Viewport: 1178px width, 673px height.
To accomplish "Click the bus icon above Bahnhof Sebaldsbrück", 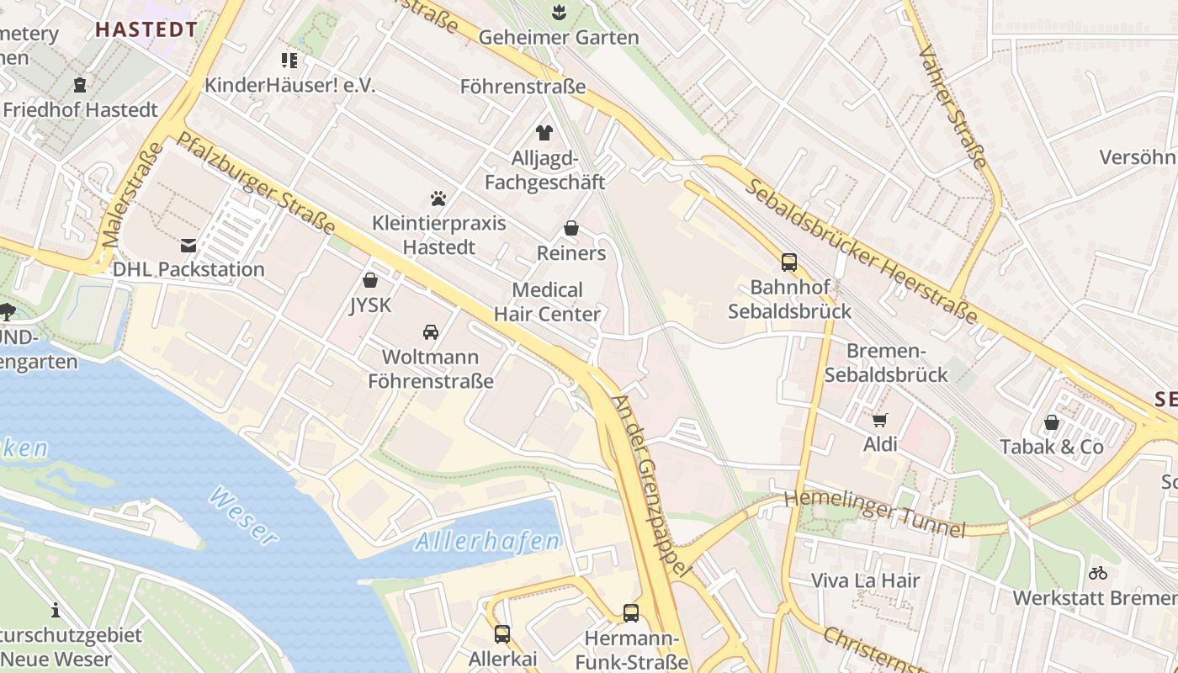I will tap(789, 262).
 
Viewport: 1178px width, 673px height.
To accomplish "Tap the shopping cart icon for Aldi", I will tap(880, 420).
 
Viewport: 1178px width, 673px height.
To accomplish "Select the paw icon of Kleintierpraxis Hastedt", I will tap(438, 199).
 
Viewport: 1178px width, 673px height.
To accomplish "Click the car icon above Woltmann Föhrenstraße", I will tap(431, 332).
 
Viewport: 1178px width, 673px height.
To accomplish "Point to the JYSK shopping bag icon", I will tap(370, 280).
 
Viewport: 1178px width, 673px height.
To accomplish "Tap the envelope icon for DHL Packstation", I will tap(188, 246).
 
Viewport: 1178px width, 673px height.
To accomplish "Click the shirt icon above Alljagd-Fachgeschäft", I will tap(544, 133).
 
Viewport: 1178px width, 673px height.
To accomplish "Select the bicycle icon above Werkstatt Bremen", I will tap(1098, 573).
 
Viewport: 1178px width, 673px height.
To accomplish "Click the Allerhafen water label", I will tap(487, 541).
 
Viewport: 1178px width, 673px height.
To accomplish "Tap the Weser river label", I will tap(243, 514).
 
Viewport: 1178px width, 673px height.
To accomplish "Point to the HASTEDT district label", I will tap(146, 29).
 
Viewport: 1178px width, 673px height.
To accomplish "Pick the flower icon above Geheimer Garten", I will tap(558, 12).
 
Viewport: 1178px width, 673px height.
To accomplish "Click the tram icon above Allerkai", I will tap(502, 633).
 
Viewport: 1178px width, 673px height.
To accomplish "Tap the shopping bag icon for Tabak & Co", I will tap(1052, 422).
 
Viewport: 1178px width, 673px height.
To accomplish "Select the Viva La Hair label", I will tap(865, 580).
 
